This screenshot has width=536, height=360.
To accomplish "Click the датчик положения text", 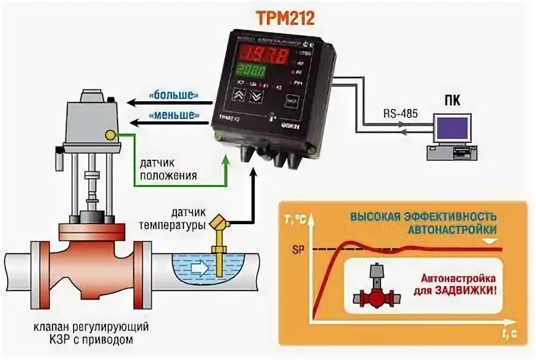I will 170,170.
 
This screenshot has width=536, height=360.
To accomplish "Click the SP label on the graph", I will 297,249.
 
